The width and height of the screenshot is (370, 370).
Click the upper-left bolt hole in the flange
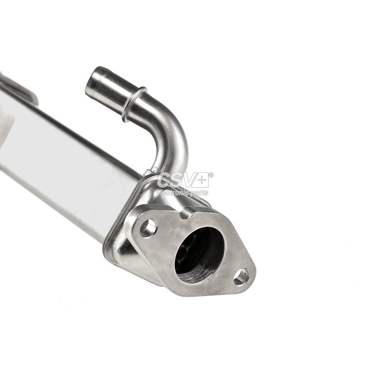(148, 228)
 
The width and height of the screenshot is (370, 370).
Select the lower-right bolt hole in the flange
(241, 277)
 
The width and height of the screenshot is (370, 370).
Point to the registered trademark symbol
(211, 175)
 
